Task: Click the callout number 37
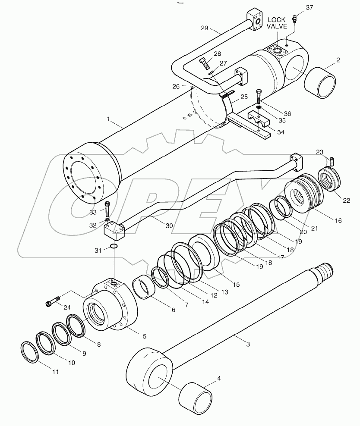tap(322, 8)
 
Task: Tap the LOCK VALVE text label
tap(277, 23)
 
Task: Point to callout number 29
tap(204, 28)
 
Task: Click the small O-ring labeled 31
tap(113, 247)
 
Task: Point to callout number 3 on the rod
tap(248, 344)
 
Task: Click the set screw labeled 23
tap(332, 162)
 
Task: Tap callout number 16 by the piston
tap(338, 221)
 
